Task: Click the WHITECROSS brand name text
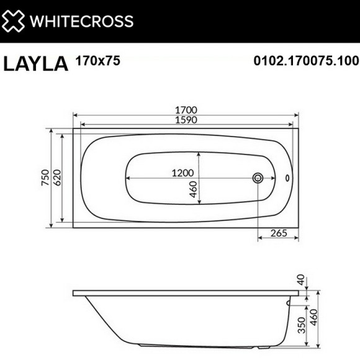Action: [82, 21]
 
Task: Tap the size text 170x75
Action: [97, 61]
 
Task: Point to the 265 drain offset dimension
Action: [279, 234]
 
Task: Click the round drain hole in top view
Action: [258, 178]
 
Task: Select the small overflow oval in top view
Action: [287, 178]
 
